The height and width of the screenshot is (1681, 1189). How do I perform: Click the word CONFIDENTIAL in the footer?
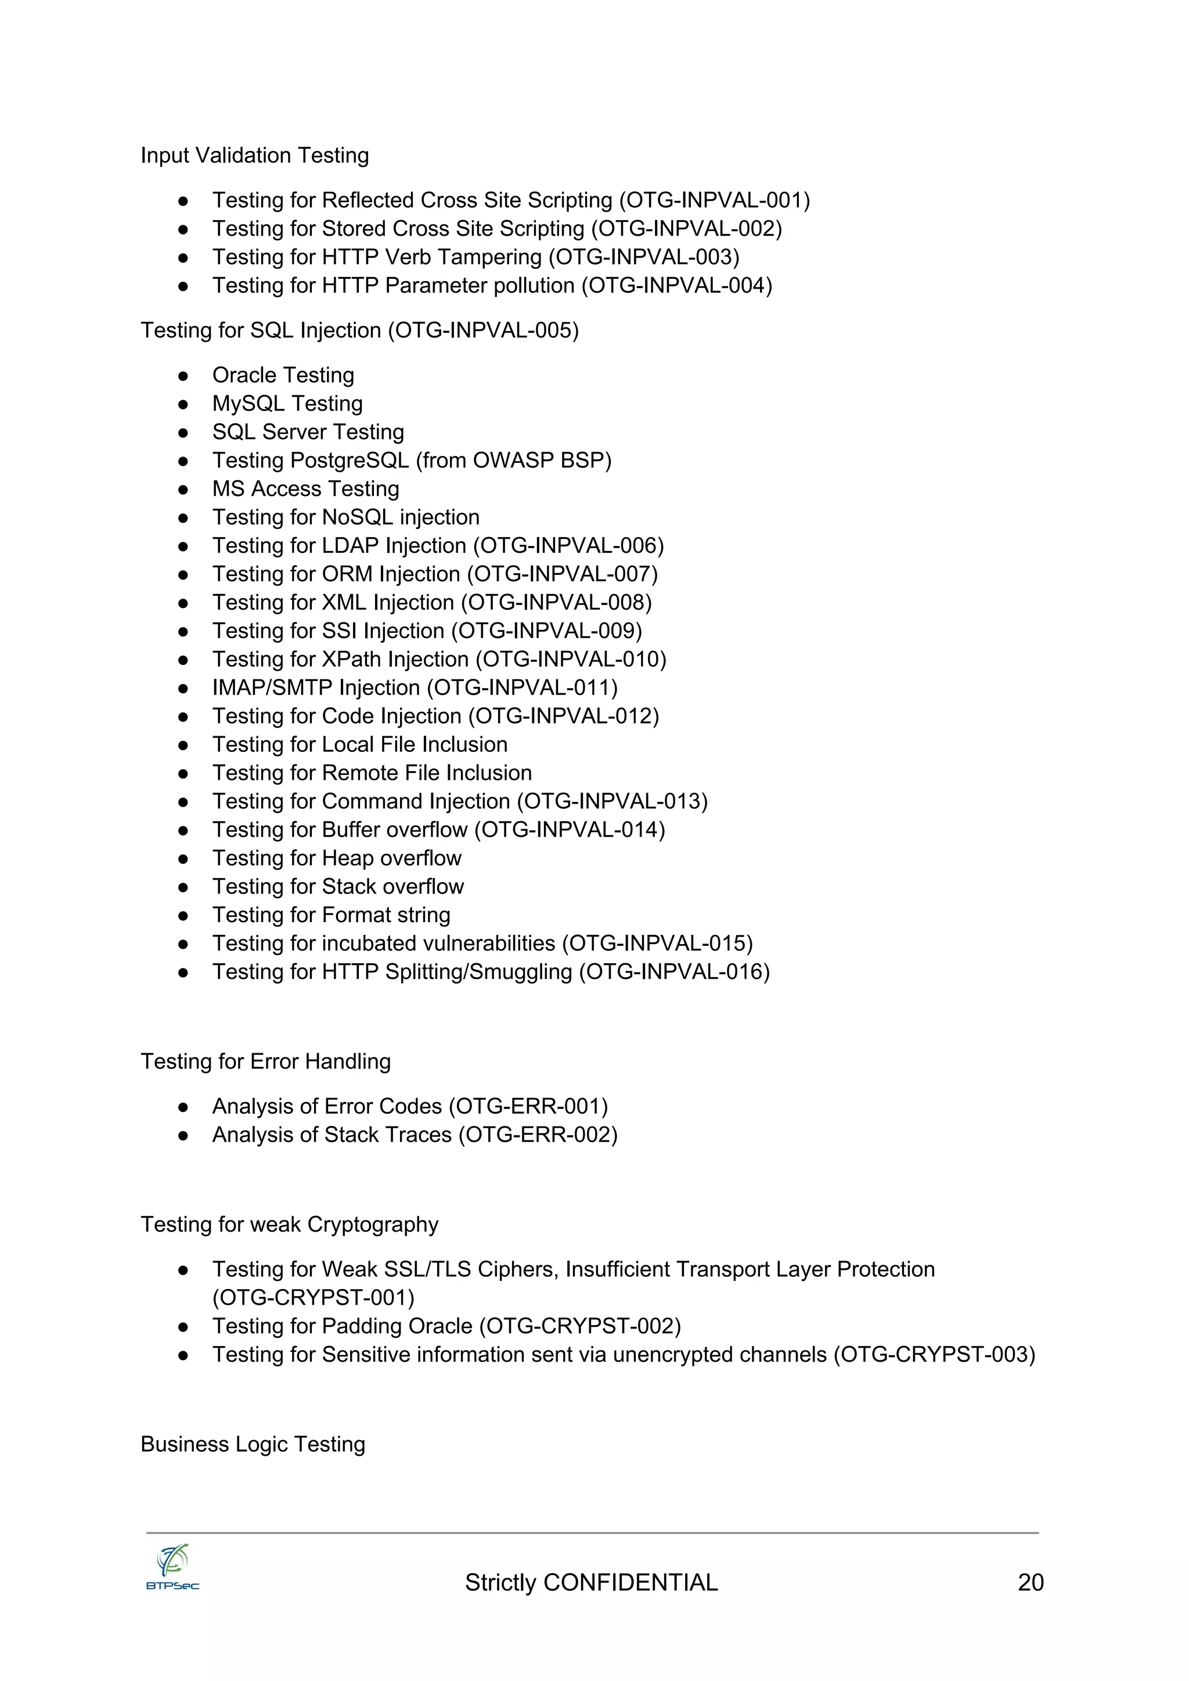click(x=630, y=1582)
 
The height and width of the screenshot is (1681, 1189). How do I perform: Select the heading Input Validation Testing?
click(x=254, y=155)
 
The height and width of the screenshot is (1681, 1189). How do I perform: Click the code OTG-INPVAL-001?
click(x=715, y=200)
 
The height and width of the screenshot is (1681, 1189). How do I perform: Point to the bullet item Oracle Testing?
click(x=283, y=375)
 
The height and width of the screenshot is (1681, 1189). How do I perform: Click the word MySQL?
click(x=247, y=404)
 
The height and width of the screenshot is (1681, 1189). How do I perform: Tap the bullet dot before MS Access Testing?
click(x=184, y=489)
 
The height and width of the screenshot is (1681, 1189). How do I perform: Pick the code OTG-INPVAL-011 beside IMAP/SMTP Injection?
click(x=522, y=687)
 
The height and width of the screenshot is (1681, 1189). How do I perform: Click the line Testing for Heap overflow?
click(x=337, y=858)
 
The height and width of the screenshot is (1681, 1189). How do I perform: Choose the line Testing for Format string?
click(x=331, y=915)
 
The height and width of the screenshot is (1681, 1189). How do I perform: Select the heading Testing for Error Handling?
click(x=265, y=1061)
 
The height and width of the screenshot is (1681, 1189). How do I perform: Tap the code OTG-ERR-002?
click(x=538, y=1134)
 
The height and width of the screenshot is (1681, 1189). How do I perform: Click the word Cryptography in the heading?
click(x=373, y=1224)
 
